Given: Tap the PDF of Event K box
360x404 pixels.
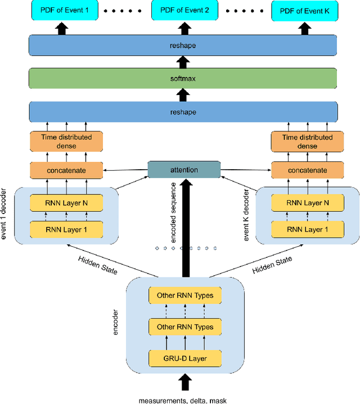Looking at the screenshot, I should [301, 11].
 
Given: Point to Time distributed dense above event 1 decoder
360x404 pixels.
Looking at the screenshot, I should [67, 142].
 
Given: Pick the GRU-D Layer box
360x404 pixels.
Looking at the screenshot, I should [184, 358].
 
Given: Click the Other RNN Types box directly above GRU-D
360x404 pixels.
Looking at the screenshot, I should [184, 326].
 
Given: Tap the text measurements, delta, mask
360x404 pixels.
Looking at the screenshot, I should [183, 400].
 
